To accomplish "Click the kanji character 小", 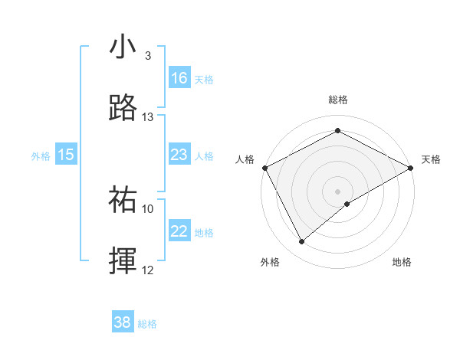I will (123, 47).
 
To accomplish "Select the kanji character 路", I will (123, 108).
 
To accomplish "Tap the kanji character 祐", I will (123, 200).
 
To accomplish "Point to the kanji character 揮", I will (123, 261).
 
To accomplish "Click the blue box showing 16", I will (179, 78).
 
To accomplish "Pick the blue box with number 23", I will (179, 155).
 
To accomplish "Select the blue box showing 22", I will (179, 232).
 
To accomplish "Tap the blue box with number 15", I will (66, 155).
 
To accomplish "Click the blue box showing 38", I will (123, 322).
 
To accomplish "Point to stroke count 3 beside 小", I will (147, 56).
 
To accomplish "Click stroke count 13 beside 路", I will (147, 117).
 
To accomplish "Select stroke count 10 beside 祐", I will (147, 208).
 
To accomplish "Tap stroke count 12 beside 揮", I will (147, 270).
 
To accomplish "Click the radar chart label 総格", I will (338, 100).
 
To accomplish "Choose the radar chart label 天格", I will (431, 159).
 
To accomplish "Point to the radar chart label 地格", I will (402, 262).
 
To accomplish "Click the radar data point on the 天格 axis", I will (412, 168).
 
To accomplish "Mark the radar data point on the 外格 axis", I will (302, 241).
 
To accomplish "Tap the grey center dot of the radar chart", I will (338, 191).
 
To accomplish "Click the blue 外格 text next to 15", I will (41, 155).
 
